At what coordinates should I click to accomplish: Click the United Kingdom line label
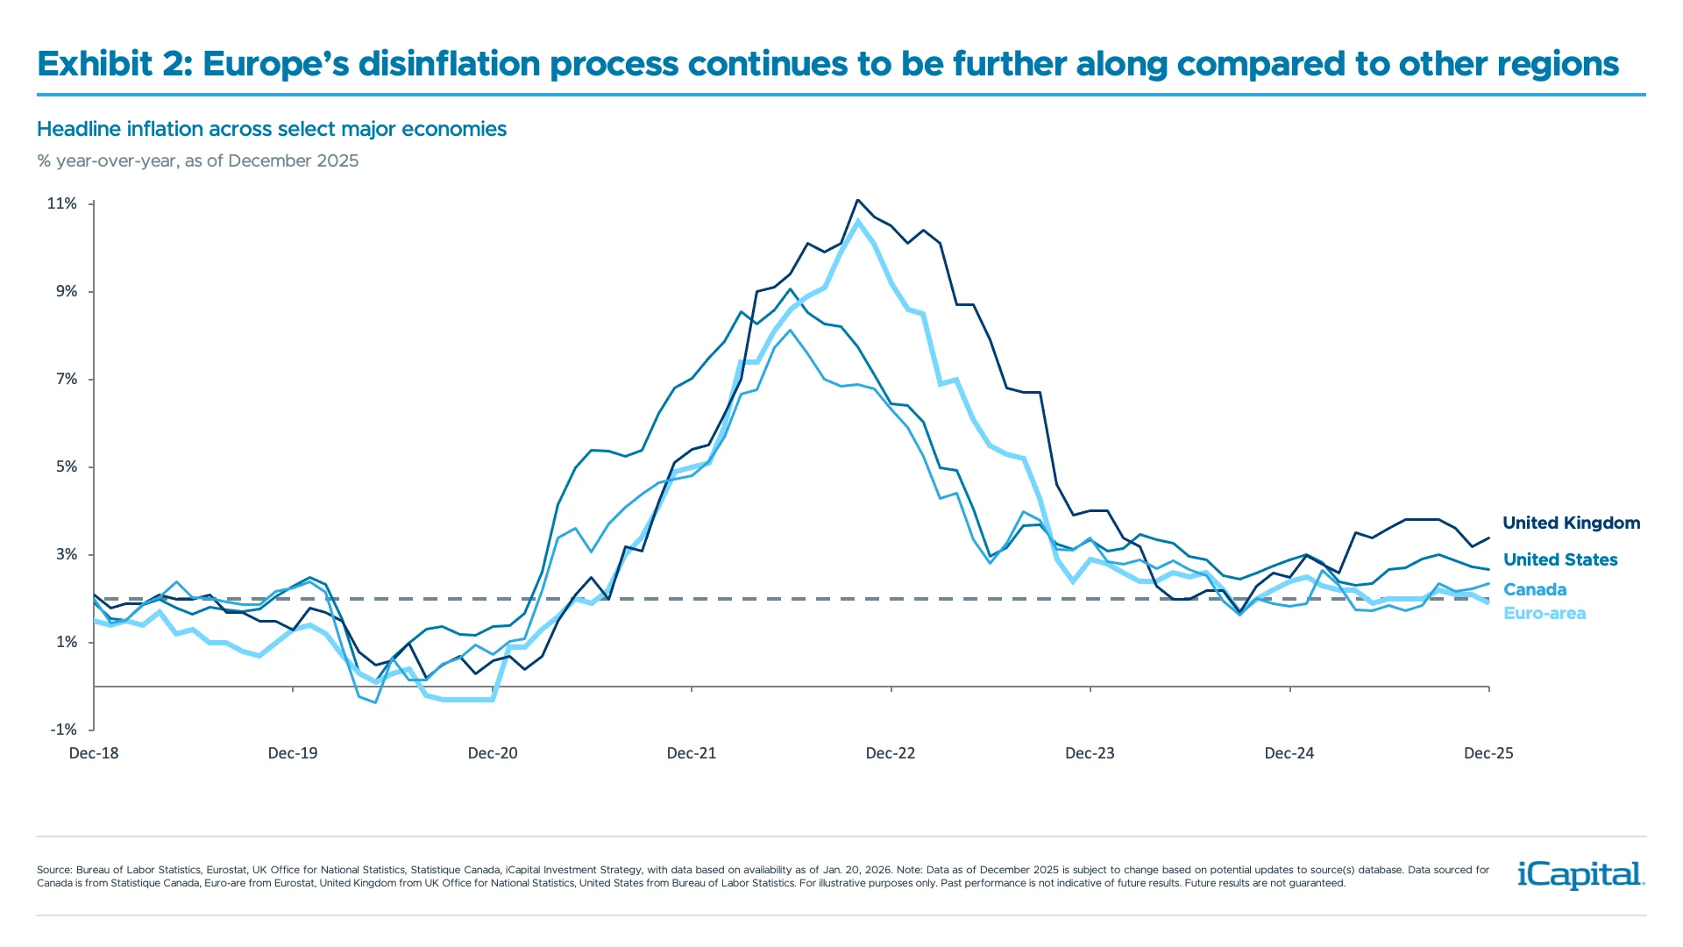click(x=1571, y=523)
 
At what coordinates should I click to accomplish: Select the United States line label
click(x=1560, y=560)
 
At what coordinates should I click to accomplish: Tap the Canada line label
click(x=1534, y=590)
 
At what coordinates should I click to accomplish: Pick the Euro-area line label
click(x=1544, y=614)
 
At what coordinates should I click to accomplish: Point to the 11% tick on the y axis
click(x=61, y=203)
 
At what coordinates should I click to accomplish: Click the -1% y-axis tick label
click(x=63, y=730)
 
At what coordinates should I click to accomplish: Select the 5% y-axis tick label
click(x=67, y=466)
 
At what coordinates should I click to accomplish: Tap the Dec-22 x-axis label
click(x=890, y=753)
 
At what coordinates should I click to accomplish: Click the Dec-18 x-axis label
click(x=94, y=753)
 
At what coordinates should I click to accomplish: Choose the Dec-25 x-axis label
click(x=1488, y=753)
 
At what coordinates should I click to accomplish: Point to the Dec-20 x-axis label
click(x=493, y=753)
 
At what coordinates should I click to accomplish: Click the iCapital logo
click(x=1580, y=875)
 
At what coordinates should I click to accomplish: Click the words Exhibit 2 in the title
click(x=114, y=64)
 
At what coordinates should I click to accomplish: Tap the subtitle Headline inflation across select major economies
click(x=272, y=130)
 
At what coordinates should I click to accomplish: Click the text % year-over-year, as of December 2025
click(x=198, y=161)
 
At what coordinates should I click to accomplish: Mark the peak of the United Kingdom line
click(x=857, y=200)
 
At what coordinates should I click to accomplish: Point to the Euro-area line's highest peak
click(x=858, y=220)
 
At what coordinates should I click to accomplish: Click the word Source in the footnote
click(x=53, y=870)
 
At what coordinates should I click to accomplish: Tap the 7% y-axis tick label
click(x=67, y=379)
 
